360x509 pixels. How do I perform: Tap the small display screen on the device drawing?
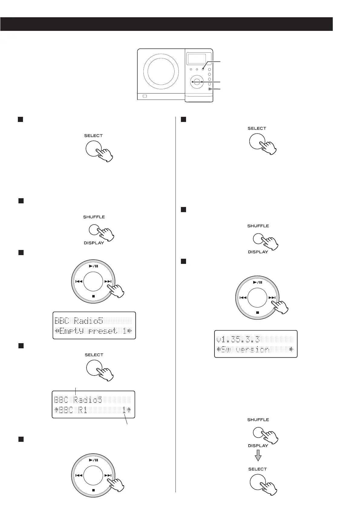[x=197, y=59]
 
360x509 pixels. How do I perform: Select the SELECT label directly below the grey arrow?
[x=257, y=469]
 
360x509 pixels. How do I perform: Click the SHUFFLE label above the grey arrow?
[x=258, y=420]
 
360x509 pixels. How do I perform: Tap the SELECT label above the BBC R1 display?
[x=94, y=355]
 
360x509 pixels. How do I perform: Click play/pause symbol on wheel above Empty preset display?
[x=93, y=266]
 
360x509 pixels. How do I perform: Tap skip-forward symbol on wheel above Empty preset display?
[x=108, y=281]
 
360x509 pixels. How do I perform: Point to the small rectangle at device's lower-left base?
[x=145, y=96]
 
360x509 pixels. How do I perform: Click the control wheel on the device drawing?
[x=197, y=82]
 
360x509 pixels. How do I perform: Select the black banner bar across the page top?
[x=166, y=24]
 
